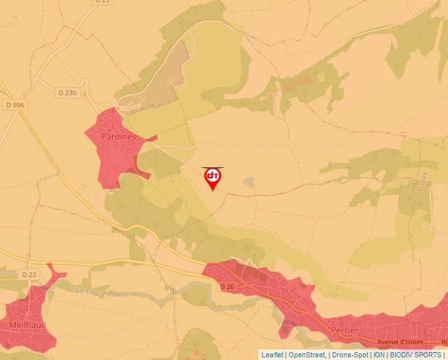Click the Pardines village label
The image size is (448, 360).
tap(119, 137)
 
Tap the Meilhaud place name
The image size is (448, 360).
tap(26, 324)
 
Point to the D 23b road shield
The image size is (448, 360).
tap(67, 93)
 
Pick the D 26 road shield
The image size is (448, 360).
tap(227, 286)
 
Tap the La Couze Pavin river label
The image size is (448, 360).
tap(102, 291)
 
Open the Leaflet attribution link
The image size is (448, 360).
tap(272, 355)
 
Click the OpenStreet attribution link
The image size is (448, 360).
tap(306, 355)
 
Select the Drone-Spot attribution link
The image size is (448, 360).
tap(350, 355)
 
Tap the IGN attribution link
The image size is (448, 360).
tap(379, 355)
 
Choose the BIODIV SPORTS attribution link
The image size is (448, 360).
tap(416, 355)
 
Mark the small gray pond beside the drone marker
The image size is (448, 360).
tap(248, 182)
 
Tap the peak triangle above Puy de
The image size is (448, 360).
tap(196, 347)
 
